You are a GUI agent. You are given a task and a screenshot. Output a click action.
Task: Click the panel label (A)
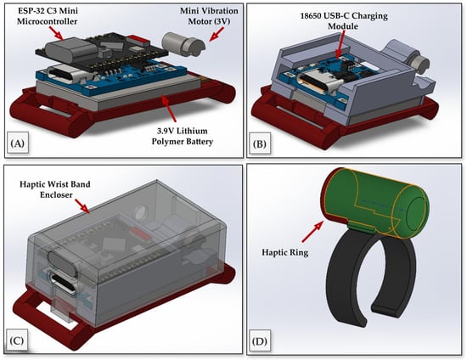pos(17,143)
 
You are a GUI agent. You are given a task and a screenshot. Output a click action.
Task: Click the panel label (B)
pos(260,143)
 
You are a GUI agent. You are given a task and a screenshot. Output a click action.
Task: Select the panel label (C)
pos(17,340)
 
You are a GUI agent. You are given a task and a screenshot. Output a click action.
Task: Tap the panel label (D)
pos(260,341)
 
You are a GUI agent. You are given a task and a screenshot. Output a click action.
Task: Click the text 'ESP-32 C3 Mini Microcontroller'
pos(48,16)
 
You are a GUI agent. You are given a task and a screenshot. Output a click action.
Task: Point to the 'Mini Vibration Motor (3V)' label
pos(209,16)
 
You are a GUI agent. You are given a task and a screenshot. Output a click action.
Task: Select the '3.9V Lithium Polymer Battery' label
pos(183,136)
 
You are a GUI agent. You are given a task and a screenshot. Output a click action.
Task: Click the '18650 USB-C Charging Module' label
pos(344,20)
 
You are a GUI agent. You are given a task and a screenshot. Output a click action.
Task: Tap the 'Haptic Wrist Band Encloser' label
pos(55,189)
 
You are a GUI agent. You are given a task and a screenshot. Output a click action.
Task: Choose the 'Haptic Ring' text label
pos(285,252)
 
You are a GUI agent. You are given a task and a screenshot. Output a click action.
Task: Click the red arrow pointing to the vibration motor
pos(217,34)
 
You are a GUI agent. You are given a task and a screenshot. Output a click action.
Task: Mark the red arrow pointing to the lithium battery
pos(168,109)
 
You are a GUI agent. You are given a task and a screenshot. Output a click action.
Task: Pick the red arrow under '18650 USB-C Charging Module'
pos(340,45)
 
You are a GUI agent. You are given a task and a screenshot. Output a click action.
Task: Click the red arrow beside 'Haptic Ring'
pos(312,231)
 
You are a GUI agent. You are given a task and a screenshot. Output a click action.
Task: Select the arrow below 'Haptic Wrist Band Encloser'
pos(82,206)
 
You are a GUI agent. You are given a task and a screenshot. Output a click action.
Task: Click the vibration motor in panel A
pos(183,44)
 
